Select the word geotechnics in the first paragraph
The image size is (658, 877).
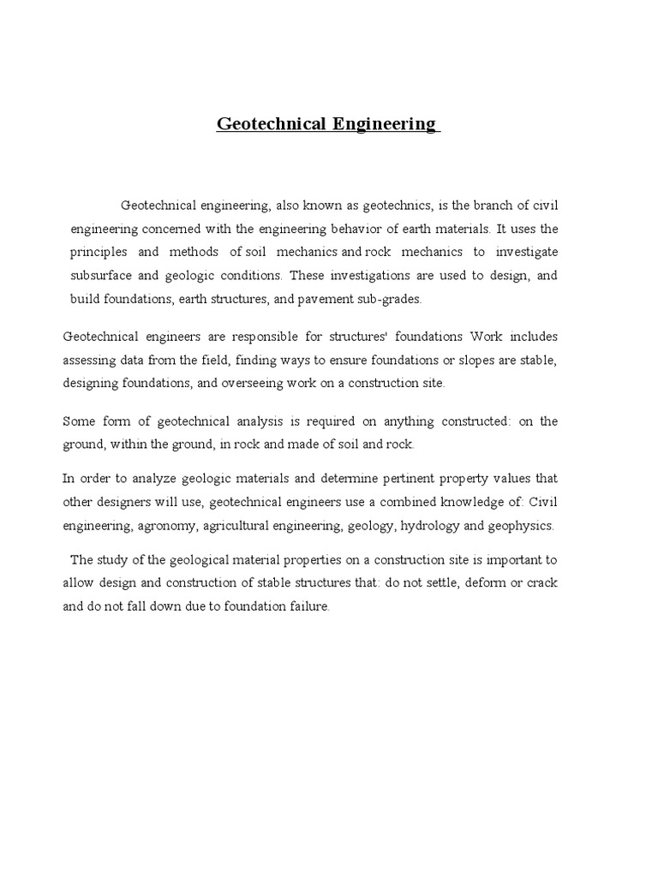(x=399, y=206)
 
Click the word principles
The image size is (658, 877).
(x=99, y=253)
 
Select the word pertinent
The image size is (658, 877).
(x=443, y=478)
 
